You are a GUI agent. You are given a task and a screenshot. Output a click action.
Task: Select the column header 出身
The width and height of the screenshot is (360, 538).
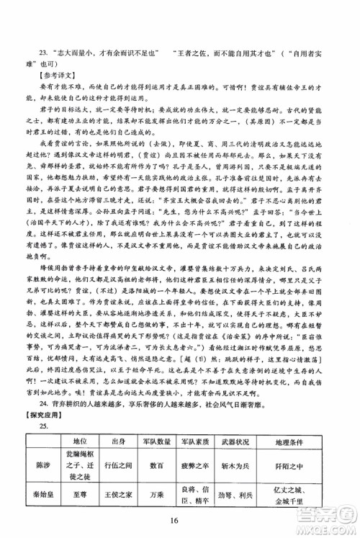click(x=120, y=441)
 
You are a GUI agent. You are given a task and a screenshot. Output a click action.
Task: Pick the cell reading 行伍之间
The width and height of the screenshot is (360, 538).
click(x=120, y=465)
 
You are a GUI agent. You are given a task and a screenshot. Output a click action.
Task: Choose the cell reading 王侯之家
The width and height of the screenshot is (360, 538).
click(x=120, y=497)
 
